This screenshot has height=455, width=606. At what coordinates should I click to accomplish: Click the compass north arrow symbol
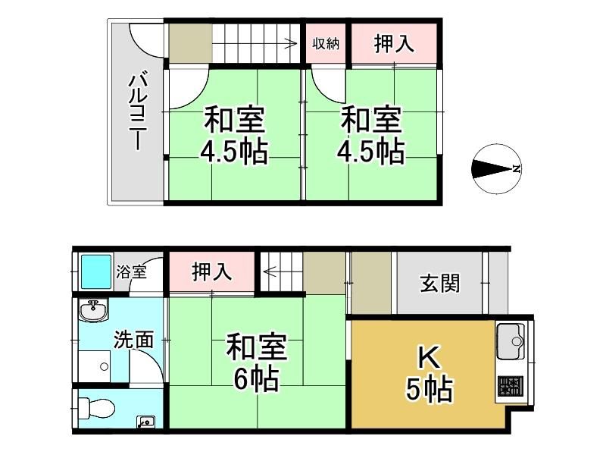click(x=497, y=169)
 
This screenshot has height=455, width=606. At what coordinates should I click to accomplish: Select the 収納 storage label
click(x=326, y=43)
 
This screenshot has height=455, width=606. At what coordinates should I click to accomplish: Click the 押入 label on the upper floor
click(x=394, y=43)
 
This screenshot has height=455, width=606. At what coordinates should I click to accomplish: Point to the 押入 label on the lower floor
click(x=212, y=271)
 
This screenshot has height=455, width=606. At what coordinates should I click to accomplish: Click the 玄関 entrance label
click(x=440, y=284)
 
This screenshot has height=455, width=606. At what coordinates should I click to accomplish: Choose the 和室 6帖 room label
click(x=256, y=362)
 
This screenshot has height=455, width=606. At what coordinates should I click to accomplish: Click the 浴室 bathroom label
click(x=131, y=271)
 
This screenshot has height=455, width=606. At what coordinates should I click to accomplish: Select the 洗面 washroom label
click(x=134, y=340)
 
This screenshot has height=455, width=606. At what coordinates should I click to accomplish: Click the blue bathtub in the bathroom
click(x=96, y=271)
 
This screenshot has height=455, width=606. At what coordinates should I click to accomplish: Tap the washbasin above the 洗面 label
click(x=93, y=310)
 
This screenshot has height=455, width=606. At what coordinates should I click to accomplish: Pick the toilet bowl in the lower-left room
click(x=97, y=408)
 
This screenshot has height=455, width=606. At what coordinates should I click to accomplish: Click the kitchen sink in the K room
click(x=511, y=341)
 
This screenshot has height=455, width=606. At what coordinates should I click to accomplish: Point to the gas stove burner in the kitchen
click(x=510, y=386)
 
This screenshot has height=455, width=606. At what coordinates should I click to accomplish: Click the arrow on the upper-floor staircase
click(x=255, y=44)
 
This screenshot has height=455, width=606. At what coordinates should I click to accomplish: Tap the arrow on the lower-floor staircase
click(x=282, y=272)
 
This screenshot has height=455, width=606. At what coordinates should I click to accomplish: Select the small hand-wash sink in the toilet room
click(x=145, y=421)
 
